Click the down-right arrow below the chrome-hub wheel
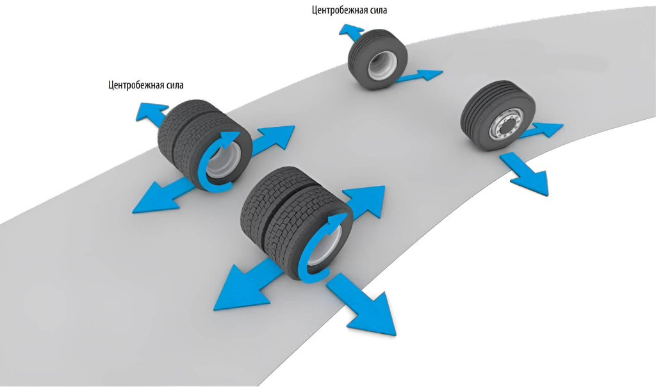coord(527,174)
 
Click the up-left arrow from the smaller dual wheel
coord(148,113)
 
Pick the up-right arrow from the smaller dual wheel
coord(272,138)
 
